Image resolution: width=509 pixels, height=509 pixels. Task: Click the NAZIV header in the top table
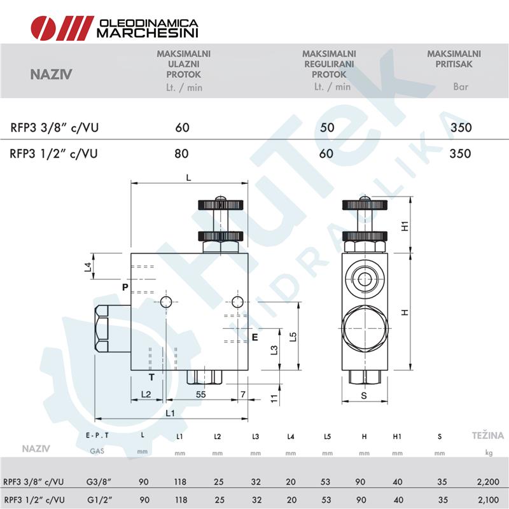coord(51,74)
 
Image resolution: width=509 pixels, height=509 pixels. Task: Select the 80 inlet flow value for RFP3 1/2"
coord(182,153)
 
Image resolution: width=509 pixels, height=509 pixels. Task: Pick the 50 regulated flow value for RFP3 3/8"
coord(327,127)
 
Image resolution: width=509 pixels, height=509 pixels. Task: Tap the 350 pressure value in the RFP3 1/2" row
coord(460,153)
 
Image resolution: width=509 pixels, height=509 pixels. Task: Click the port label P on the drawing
coord(125,288)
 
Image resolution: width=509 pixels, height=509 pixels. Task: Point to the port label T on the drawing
coord(152,377)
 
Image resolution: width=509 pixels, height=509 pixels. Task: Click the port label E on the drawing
coord(254,337)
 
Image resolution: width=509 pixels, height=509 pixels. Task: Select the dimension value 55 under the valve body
coord(200,394)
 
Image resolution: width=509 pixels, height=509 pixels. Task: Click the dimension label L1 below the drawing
coord(171,414)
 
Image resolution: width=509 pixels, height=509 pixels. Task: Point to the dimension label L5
coord(293,337)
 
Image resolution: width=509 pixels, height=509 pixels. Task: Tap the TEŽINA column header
coord(487,436)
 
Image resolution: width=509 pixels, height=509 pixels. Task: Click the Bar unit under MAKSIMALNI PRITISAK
coord(460,87)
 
